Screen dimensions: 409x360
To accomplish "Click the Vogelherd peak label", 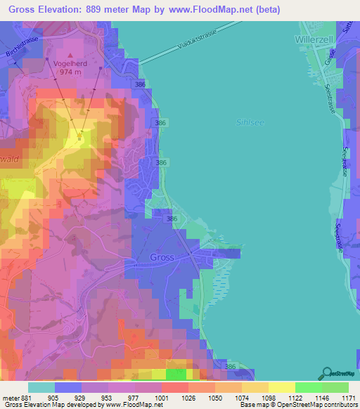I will click(70, 62).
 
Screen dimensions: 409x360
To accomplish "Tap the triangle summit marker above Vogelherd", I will click(70, 53).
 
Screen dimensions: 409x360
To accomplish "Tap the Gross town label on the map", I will click(162, 257).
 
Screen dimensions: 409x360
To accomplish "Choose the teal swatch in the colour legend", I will click(41, 387).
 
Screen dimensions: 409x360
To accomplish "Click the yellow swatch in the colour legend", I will click(281, 387).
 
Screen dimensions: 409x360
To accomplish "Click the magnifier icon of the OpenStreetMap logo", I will click(326, 372).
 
